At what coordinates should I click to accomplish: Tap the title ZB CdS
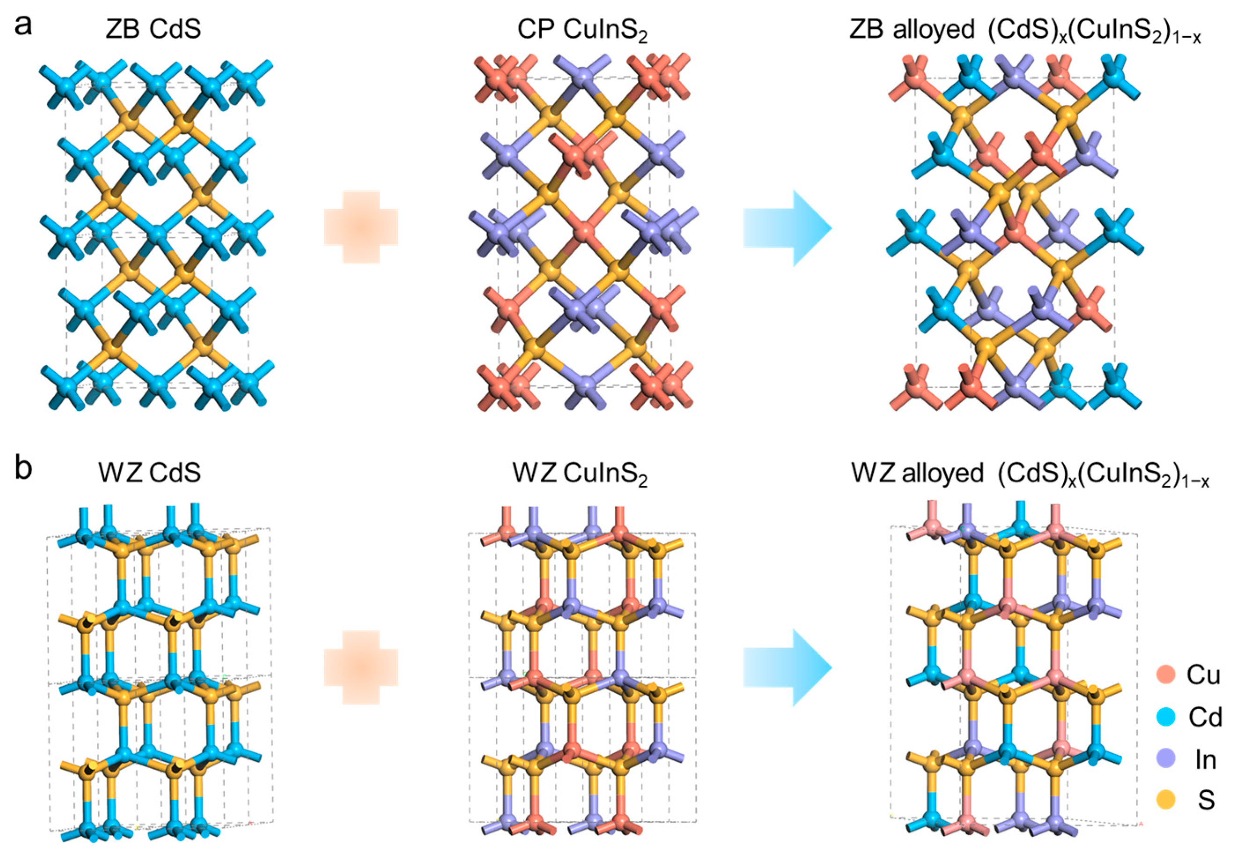tap(153, 29)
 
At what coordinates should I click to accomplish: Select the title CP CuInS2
tap(582, 31)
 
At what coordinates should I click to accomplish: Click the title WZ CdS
tap(149, 472)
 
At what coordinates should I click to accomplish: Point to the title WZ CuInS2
tap(580, 474)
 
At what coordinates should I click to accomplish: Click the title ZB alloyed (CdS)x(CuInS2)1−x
tap(1025, 31)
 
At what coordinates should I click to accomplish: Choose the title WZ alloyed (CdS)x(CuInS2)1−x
tap(1030, 474)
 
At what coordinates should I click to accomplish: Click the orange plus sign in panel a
tap(361, 227)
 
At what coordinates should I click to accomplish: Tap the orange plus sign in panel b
tap(361, 667)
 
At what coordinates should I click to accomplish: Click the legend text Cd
tap(1205, 717)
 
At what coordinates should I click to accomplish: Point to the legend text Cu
tap(1203, 675)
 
